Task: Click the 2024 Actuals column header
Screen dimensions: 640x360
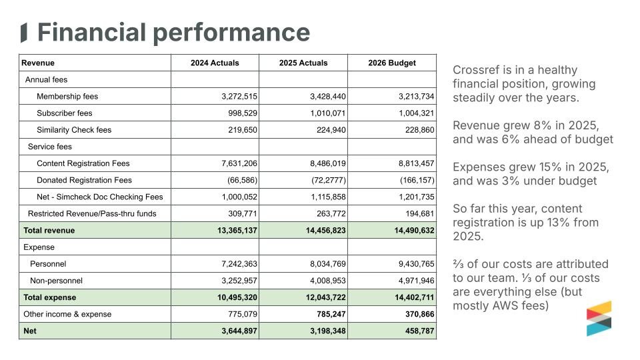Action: click(215, 63)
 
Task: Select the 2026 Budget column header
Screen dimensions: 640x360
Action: click(392, 63)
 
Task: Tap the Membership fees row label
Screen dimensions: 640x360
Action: click(67, 96)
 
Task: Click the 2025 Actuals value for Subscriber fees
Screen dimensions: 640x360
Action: click(328, 113)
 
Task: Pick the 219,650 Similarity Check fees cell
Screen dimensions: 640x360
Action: click(243, 130)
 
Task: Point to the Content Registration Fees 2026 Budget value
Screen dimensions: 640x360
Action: click(416, 163)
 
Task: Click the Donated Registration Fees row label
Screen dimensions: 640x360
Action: click(84, 180)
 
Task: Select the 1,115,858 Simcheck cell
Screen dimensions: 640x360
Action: click(328, 197)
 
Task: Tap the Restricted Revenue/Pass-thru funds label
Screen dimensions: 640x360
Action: click(92, 213)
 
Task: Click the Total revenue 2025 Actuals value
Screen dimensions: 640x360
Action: click(326, 230)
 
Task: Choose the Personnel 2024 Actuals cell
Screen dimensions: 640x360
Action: click(239, 264)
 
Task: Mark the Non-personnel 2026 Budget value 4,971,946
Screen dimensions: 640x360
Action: click(416, 281)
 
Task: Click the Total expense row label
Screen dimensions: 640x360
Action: click(49, 297)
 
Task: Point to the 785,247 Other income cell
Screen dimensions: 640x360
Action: click(331, 314)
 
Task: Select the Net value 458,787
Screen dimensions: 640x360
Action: click(419, 331)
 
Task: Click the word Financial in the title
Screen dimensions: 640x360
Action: click(92, 32)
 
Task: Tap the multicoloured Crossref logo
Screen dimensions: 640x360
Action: click(599, 319)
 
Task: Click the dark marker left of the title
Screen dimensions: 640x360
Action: click(24, 33)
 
